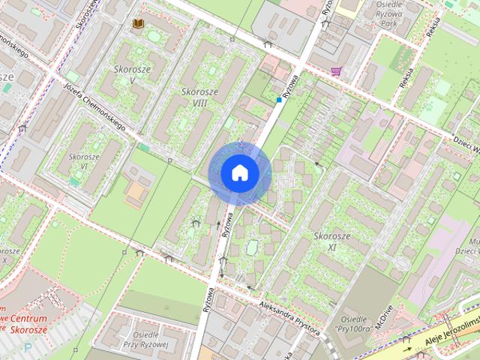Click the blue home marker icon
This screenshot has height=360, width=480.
coord(239,172)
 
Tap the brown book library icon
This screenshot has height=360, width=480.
coord(138,24)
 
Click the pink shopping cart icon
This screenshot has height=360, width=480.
coord(335,71)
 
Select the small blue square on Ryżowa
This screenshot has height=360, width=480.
coord(279,99)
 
